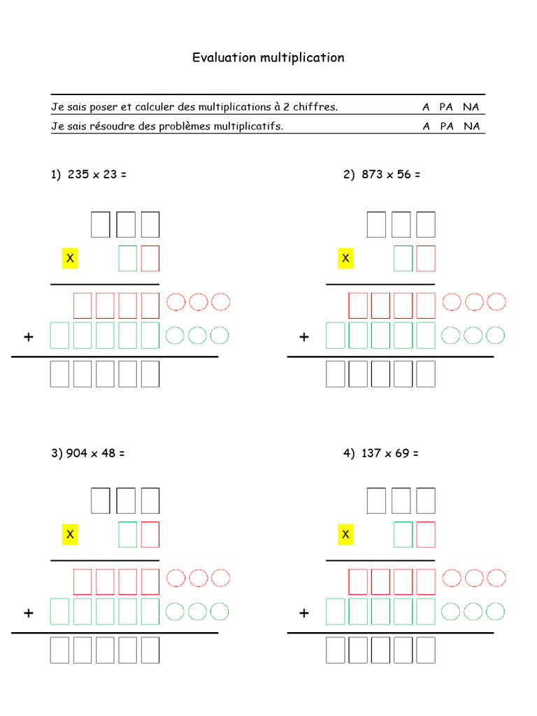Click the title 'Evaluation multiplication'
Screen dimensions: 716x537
pos(268,57)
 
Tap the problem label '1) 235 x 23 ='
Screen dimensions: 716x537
pos(89,175)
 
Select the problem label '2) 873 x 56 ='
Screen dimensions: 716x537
pos(382,175)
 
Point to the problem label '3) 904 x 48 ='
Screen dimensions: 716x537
pos(88,453)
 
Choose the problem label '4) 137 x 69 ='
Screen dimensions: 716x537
pos(381,453)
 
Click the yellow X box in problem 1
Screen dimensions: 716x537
pos(70,259)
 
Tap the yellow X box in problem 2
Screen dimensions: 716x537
pos(345,259)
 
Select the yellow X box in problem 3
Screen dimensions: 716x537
pos(70,535)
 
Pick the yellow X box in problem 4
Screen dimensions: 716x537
pos(345,535)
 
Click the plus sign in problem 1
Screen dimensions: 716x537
pos(29,337)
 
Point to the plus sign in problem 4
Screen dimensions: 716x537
pos(304,613)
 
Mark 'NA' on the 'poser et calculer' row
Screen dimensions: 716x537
pos(471,107)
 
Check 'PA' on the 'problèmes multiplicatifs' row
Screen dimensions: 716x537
pos(447,127)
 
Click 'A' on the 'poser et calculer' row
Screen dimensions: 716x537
pos(426,107)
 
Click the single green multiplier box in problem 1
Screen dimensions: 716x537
pos(128,259)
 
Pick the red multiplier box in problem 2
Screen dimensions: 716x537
pos(426,259)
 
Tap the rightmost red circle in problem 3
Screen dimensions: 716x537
pos(220,578)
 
